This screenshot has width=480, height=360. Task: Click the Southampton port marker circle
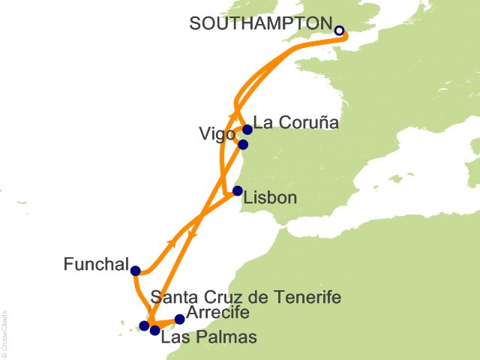tap(339, 31)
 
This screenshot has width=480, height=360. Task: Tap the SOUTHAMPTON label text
tap(260, 23)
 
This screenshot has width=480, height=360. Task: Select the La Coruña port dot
tap(247, 129)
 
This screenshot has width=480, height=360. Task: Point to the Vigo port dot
tap(242, 144)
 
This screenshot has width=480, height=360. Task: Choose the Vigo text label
tap(216, 134)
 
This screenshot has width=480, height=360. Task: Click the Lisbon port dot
tap(238, 190)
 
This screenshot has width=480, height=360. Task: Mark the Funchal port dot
tap(135, 271)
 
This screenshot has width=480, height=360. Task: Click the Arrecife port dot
tap(179, 319)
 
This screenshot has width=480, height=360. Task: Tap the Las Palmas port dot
tap(154, 330)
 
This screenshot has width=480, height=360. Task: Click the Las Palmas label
tap(210, 337)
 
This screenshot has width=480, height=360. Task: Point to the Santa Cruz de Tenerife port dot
tap(144, 325)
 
